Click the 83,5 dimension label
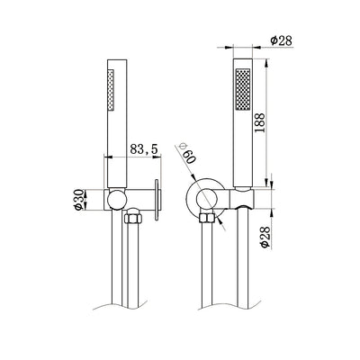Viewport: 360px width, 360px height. pos(144,149)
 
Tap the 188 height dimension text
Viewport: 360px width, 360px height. pos(259,122)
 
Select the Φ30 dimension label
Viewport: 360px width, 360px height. pos(78,200)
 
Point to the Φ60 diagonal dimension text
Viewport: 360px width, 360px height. pos(186,153)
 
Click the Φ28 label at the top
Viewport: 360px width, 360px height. pos(281,40)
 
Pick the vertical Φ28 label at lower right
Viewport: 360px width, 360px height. pos(265,237)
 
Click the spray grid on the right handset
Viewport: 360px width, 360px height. pos(243,89)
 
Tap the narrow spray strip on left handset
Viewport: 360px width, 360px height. pos(111,90)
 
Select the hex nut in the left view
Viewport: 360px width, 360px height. pos(133,219)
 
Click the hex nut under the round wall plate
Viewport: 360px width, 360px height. pos(207,218)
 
